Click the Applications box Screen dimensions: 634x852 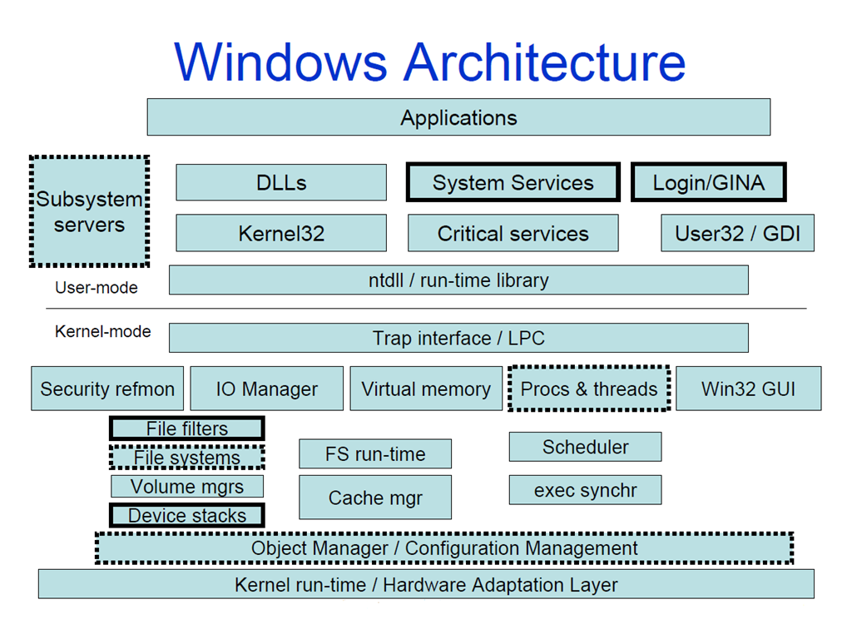click(x=458, y=117)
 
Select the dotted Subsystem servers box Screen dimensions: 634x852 click(x=89, y=211)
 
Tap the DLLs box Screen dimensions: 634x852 click(x=281, y=182)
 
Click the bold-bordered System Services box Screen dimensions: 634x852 click(x=513, y=182)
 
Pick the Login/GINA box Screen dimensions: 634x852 click(x=708, y=182)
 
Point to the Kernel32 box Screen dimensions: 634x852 click(x=281, y=233)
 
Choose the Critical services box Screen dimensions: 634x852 click(x=513, y=233)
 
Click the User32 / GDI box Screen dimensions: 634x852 click(x=737, y=233)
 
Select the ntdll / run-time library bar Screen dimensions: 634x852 click(x=458, y=280)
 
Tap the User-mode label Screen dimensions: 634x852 click(x=97, y=288)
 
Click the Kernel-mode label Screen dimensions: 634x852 click(x=103, y=331)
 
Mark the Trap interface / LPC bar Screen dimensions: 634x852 click(x=458, y=338)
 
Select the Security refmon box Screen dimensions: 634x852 click(x=107, y=389)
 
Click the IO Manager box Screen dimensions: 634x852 click(x=266, y=389)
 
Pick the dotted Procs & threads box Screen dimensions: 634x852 click(x=589, y=389)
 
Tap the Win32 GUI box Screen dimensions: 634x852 click(x=748, y=389)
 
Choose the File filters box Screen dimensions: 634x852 click(x=187, y=429)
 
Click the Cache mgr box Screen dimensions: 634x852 click(x=375, y=498)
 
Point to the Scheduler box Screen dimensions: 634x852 click(x=585, y=447)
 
